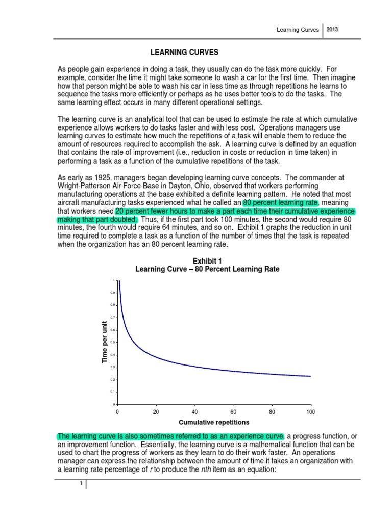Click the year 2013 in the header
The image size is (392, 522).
click(332, 30)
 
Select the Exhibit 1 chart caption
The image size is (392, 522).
click(207, 265)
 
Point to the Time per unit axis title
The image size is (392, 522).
click(105, 342)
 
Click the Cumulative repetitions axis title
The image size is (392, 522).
click(207, 423)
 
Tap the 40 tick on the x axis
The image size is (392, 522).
click(194, 411)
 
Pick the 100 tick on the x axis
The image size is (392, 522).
click(310, 411)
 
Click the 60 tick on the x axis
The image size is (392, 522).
click(233, 411)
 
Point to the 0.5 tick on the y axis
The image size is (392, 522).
click(113, 342)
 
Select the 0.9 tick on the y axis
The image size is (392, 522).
click(113, 293)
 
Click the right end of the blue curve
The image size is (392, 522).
click(310, 376)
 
